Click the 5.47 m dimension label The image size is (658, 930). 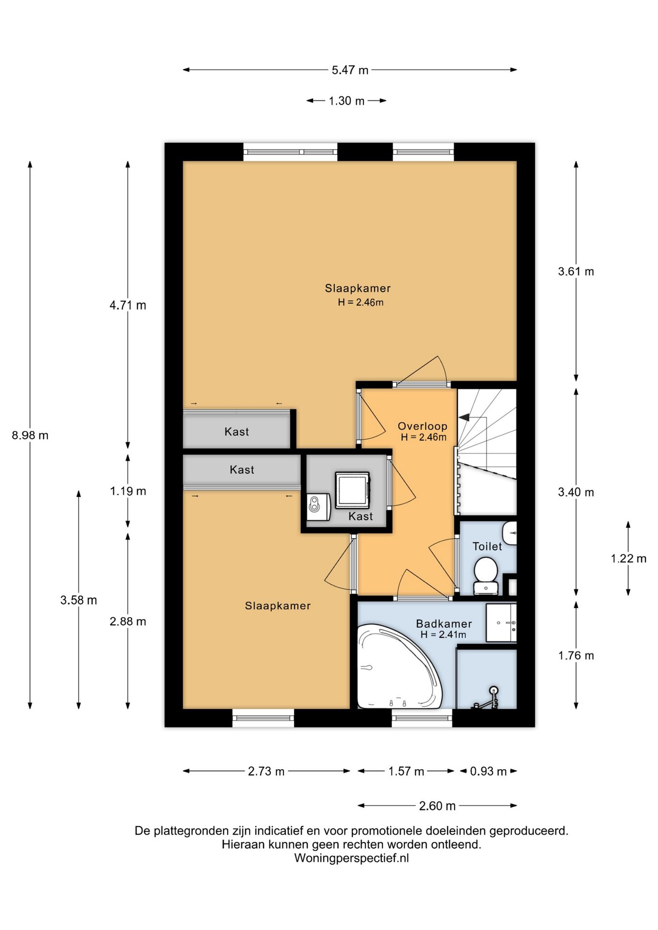pyautogui.click(x=350, y=70)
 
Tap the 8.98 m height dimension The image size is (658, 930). pyautogui.click(x=30, y=435)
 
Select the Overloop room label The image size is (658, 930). pyautogui.click(x=422, y=426)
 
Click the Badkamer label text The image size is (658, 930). pyautogui.click(x=444, y=624)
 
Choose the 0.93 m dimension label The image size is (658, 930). pyautogui.click(x=488, y=772)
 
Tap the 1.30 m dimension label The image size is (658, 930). pyautogui.click(x=346, y=101)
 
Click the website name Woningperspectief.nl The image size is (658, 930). pyautogui.click(x=351, y=858)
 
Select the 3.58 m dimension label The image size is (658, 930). pyautogui.click(x=78, y=601)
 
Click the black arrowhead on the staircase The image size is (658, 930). pyautogui.click(x=464, y=417)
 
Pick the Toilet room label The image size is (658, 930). pyautogui.click(x=487, y=546)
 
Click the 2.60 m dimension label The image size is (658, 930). pyautogui.click(x=437, y=806)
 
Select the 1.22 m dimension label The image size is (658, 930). pyautogui.click(x=628, y=559)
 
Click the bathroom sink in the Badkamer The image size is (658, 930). pyautogui.click(x=501, y=623)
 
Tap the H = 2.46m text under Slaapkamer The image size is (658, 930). pyautogui.click(x=360, y=303)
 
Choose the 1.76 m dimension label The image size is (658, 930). pyautogui.click(x=576, y=656)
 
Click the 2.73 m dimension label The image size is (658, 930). pyautogui.click(x=266, y=772)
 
